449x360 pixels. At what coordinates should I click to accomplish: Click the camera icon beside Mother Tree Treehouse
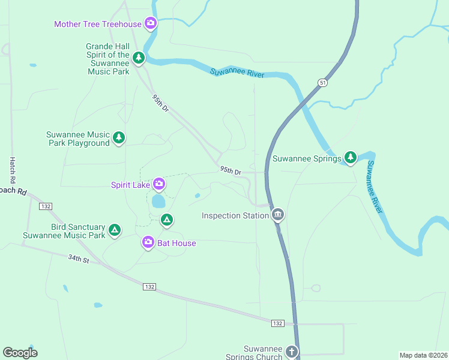point(151,24)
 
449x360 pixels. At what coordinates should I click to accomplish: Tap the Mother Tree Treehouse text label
point(98,25)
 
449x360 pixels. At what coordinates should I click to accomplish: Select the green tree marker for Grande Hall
point(139,58)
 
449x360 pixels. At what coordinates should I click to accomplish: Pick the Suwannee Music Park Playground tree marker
point(119,138)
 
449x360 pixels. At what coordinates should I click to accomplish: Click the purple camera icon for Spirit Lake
point(159,184)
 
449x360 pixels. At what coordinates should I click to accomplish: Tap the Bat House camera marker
point(148,242)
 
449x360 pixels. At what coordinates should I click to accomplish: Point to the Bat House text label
point(176,243)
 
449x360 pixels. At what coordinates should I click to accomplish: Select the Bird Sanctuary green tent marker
point(114,230)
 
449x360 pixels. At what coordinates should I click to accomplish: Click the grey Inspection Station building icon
point(277,214)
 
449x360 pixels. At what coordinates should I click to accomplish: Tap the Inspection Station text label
point(235,215)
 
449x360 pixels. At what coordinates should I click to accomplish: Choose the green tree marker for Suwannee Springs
point(351,158)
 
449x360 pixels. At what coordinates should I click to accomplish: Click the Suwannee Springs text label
point(307,159)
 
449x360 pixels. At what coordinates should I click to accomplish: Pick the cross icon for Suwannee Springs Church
point(292,352)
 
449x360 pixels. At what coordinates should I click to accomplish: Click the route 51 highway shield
point(323,83)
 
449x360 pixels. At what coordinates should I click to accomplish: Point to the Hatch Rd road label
point(13,170)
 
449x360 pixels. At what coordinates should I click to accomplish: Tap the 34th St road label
point(78,259)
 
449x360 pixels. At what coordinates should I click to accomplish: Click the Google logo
point(20,353)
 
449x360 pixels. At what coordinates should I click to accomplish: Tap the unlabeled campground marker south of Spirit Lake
point(167,221)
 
